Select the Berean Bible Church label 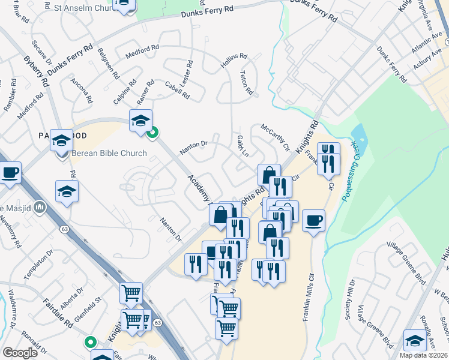pos(109,153)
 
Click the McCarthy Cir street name pos(275,137)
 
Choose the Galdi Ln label pos(243,145)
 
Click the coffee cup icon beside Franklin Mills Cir pos(313,220)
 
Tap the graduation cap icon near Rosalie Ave pos(415,340)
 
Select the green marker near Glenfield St pos(91,343)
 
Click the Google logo pos(20,353)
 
